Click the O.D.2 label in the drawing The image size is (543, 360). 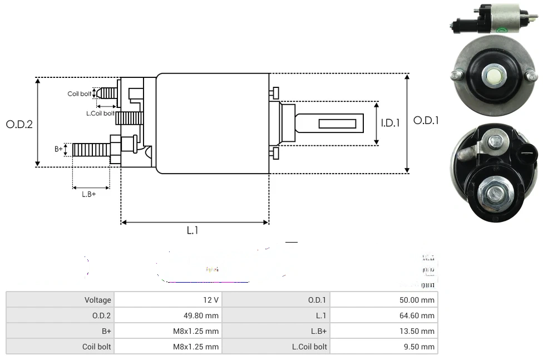pos(19,124)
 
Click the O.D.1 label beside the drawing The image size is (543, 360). pos(426,120)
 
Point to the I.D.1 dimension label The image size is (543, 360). pos(390,123)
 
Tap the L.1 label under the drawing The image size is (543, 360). pos(192,230)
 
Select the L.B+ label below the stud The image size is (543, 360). pos(89,194)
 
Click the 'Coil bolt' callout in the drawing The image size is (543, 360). pos(80,93)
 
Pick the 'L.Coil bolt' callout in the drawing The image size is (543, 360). pos(100,114)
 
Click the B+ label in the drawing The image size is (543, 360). pos(58,149)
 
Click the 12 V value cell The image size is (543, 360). pos(211,300)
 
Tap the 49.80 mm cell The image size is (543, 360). pos(201,315)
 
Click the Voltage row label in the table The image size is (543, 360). pos(97,300)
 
